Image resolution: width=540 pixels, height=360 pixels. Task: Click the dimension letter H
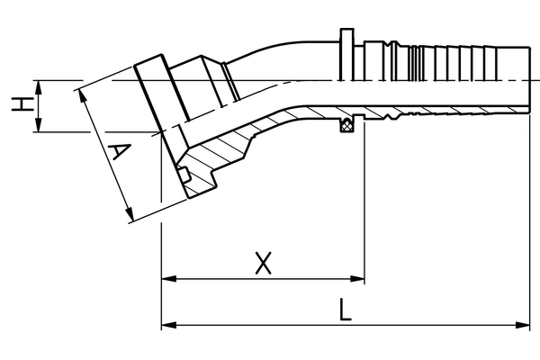[22, 104]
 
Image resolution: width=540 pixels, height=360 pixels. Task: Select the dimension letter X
[263, 263]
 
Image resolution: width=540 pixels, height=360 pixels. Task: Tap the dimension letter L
[345, 310]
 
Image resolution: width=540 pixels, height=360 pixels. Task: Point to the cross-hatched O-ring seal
[347, 125]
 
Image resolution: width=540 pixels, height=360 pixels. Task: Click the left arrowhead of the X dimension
[169, 278]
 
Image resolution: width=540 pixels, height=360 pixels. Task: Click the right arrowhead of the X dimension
[357, 278]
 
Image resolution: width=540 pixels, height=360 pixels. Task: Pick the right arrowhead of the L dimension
[522, 325]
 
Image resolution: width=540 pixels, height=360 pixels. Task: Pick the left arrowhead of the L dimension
[169, 325]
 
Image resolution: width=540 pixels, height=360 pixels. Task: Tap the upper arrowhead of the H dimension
[38, 88]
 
